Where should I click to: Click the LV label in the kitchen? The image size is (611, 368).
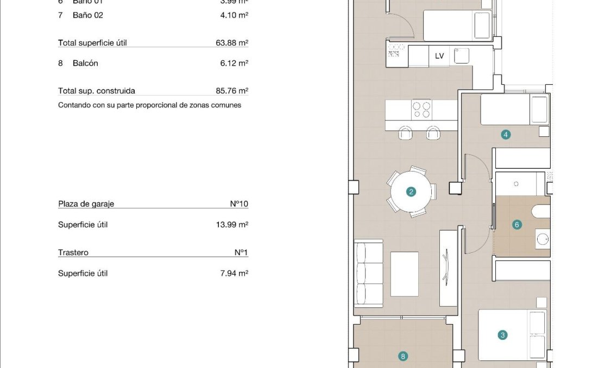click(x=439, y=56)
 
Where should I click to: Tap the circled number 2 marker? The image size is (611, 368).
click(x=411, y=192)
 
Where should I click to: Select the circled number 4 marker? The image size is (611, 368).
click(x=506, y=135)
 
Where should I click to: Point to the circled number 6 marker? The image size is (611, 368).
click(x=516, y=224)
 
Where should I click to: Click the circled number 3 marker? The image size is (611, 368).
click(x=502, y=335)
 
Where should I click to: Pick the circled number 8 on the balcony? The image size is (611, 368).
click(x=402, y=357)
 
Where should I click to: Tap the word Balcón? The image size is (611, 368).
click(x=85, y=64)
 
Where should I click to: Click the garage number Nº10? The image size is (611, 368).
click(x=239, y=204)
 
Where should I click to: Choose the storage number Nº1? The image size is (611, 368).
click(x=241, y=252)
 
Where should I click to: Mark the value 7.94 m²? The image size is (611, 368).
click(x=234, y=274)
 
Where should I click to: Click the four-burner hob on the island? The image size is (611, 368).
click(x=421, y=109)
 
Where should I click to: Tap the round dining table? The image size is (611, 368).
click(x=411, y=192)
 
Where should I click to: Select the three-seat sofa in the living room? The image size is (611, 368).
click(x=369, y=274)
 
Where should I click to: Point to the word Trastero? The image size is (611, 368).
click(x=73, y=252)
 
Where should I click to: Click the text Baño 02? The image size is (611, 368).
click(x=87, y=15)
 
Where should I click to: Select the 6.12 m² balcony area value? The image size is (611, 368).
click(x=234, y=64)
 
